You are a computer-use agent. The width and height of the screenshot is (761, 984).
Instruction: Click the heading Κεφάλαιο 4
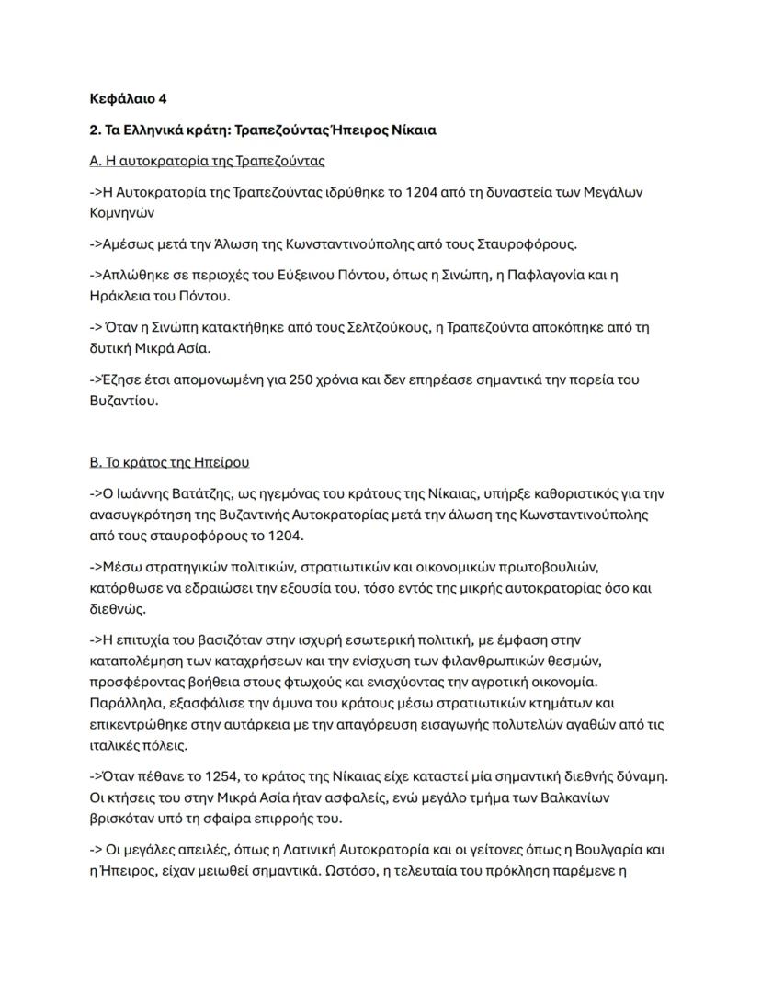[129, 98]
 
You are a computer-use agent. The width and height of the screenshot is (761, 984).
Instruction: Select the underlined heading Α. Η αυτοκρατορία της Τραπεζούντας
[207, 161]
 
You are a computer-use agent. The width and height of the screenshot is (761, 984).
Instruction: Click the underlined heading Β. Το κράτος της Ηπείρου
[169, 461]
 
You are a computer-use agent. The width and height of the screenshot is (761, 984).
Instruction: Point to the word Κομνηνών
[122, 213]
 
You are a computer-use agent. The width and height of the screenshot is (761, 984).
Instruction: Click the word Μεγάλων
[615, 192]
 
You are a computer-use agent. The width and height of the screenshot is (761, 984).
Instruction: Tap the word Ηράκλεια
[120, 296]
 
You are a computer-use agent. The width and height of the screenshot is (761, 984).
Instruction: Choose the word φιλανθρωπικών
[505, 661]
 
